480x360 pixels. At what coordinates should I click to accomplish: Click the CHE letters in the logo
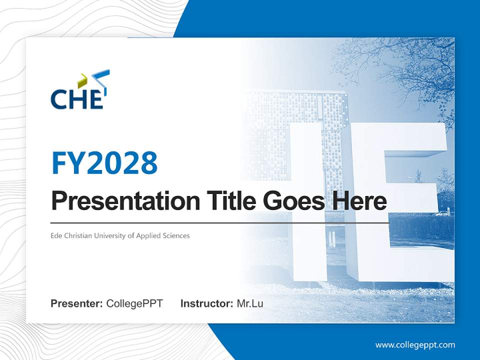click(76, 98)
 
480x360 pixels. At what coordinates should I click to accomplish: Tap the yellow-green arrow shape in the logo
click(82, 79)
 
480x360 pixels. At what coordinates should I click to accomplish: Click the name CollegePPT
click(134, 303)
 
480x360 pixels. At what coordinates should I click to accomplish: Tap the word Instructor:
click(206, 303)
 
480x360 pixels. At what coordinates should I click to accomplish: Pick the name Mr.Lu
click(250, 303)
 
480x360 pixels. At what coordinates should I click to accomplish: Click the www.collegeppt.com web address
click(415, 345)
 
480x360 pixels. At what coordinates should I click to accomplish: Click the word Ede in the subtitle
click(56, 235)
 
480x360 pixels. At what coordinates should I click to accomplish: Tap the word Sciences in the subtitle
click(176, 235)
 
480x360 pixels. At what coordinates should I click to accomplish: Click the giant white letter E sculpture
click(400, 200)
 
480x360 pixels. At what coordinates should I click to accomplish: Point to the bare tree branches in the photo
click(400, 65)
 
